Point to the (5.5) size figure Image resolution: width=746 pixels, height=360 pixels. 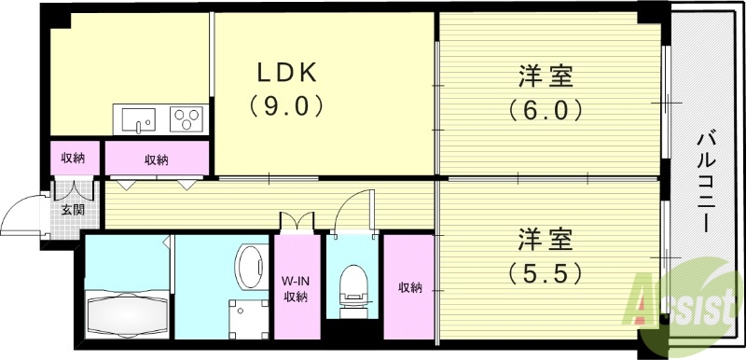546,273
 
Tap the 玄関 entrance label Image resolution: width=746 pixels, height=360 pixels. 73,210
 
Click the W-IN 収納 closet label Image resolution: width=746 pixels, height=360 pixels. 297,286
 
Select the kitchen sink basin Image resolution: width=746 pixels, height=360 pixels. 139,120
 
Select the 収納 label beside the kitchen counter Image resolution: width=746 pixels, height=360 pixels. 156,159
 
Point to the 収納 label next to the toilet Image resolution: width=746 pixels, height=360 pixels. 408,287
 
